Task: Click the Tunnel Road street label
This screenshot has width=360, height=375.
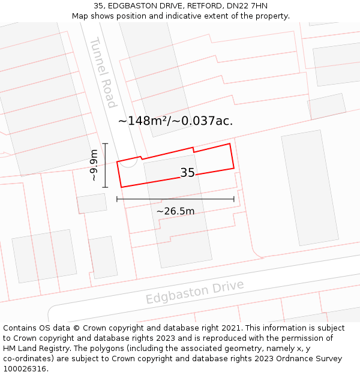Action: pyautogui.click(x=103, y=73)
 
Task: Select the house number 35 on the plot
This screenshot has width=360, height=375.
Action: pyautogui.click(x=187, y=173)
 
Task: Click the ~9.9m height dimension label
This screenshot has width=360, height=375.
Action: pyautogui.click(x=94, y=166)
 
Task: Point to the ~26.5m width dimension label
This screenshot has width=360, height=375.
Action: pyautogui.click(x=175, y=211)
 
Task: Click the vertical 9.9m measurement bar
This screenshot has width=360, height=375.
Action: pyautogui.click(x=105, y=165)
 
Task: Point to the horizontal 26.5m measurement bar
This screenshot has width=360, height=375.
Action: pyautogui.click(x=175, y=199)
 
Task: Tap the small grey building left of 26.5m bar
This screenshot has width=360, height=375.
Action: pyautogui.click(x=92, y=203)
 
